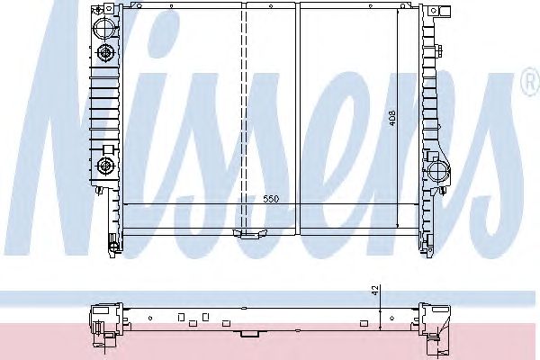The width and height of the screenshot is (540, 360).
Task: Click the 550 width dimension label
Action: tap(271, 199)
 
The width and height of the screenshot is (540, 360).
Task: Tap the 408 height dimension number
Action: tap(392, 118)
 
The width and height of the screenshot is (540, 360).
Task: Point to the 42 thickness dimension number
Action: tap(375, 290)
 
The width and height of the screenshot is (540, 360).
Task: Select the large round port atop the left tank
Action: tap(104, 27)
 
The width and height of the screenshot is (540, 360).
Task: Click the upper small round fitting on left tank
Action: tap(104, 53)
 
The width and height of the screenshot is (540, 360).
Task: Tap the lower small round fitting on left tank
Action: tap(104, 166)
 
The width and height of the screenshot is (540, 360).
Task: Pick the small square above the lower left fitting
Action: tap(108, 149)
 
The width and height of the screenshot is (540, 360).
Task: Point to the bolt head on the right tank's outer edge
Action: tap(439, 51)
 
